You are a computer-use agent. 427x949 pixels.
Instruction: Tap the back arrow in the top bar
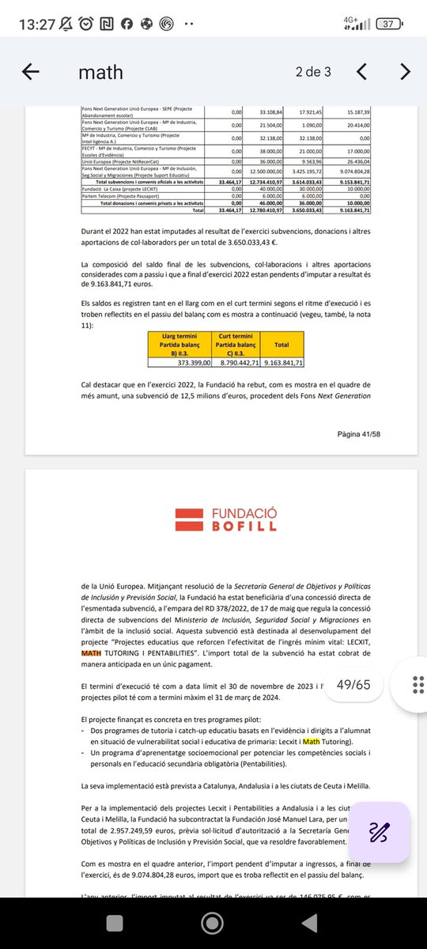pyautogui.click(x=31, y=72)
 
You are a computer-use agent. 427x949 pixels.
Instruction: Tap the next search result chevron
pyautogui.click(x=405, y=72)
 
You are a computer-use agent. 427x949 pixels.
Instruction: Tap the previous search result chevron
pyautogui.click(x=361, y=72)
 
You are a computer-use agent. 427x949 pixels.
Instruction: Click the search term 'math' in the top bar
pyautogui.click(x=100, y=73)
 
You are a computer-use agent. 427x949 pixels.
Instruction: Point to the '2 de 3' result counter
pyautogui.click(x=313, y=72)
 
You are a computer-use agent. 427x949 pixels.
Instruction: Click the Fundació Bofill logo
pyautogui.click(x=213, y=520)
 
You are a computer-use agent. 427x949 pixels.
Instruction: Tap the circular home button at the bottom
pyautogui.click(x=213, y=921)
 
